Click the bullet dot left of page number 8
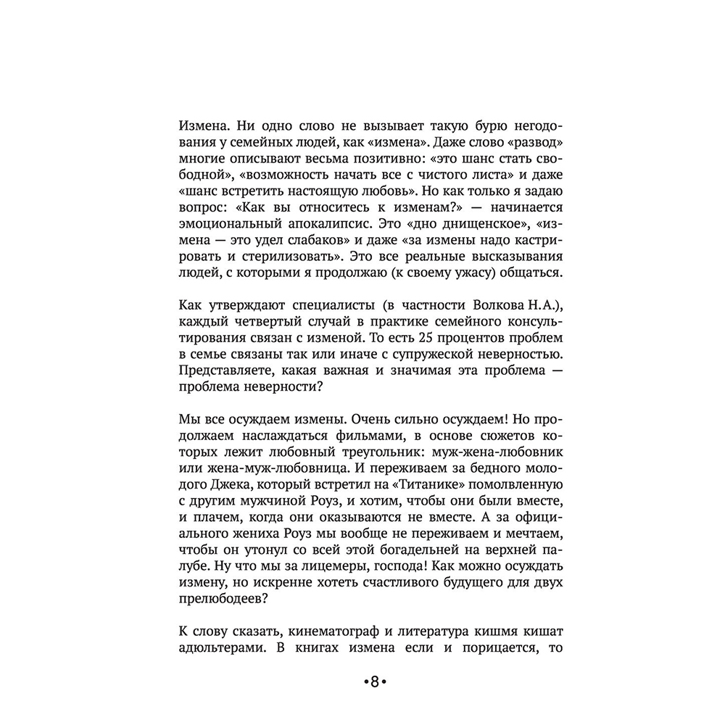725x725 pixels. pos(365,681)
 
